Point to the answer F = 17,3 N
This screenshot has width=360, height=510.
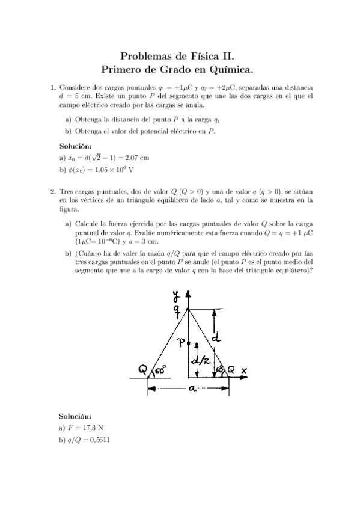[81, 428]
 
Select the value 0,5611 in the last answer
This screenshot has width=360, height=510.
[98, 440]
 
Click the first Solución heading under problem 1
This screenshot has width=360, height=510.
[75, 146]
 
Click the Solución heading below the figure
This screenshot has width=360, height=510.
[75, 416]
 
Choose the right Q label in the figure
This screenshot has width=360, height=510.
[231, 370]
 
